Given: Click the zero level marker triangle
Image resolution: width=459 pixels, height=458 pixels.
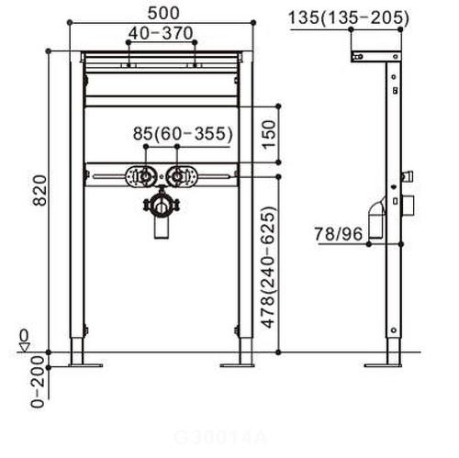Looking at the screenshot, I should point(25,346).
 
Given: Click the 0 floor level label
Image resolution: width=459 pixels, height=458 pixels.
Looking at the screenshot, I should point(25,334).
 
